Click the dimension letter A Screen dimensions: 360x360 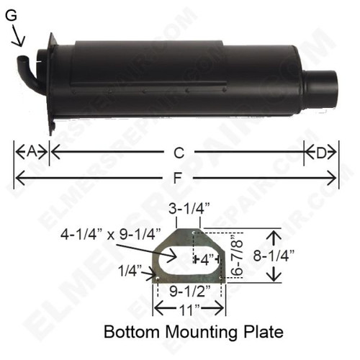[x=31, y=152]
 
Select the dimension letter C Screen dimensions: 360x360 [x=179, y=153]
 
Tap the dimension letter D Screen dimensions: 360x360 [x=321, y=152]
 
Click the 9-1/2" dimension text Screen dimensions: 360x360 [x=189, y=292]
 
